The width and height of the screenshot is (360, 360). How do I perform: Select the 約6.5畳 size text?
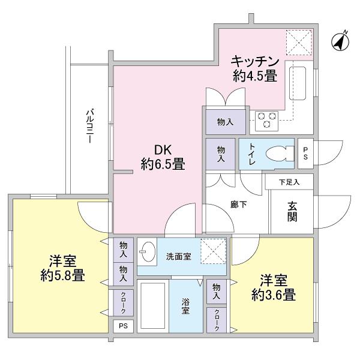163,163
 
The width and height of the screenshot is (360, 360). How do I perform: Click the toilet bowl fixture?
278,153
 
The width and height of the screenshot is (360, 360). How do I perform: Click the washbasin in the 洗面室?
147,251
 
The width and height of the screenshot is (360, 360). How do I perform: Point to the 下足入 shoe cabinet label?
289,182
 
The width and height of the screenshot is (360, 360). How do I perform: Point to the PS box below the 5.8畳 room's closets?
122,326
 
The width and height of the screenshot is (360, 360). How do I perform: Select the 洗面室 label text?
179,257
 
